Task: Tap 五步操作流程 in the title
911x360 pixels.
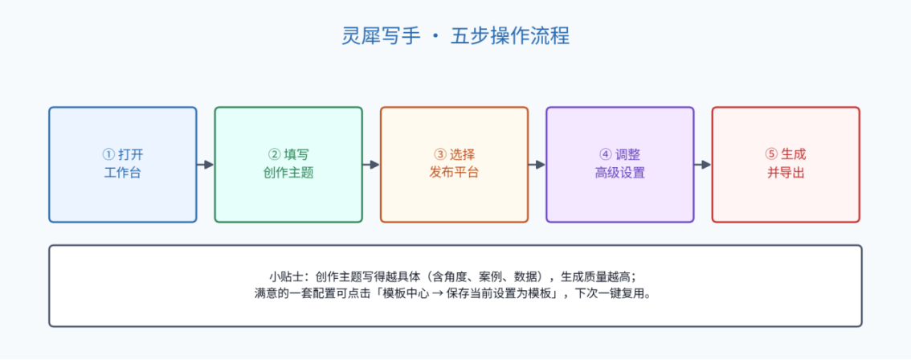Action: coord(510,36)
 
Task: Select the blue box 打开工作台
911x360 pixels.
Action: coord(123,165)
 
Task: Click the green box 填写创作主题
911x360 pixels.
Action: coord(288,165)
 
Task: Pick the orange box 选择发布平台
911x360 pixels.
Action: coord(455,165)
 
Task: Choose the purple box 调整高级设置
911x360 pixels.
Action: coord(620,165)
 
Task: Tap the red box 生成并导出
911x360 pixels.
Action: coord(786,165)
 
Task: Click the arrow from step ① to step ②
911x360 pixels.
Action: coord(206,165)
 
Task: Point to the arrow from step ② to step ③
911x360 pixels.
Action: coord(371,165)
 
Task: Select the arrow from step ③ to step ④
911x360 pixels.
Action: coord(537,165)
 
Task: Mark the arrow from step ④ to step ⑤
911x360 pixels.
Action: coord(703,165)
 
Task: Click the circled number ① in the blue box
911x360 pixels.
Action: coord(108,155)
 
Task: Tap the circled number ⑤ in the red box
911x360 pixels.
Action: coord(771,155)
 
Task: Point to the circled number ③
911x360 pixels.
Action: coord(439,155)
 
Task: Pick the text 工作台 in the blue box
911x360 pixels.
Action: coord(123,173)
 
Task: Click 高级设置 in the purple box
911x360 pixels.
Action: coord(620,173)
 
